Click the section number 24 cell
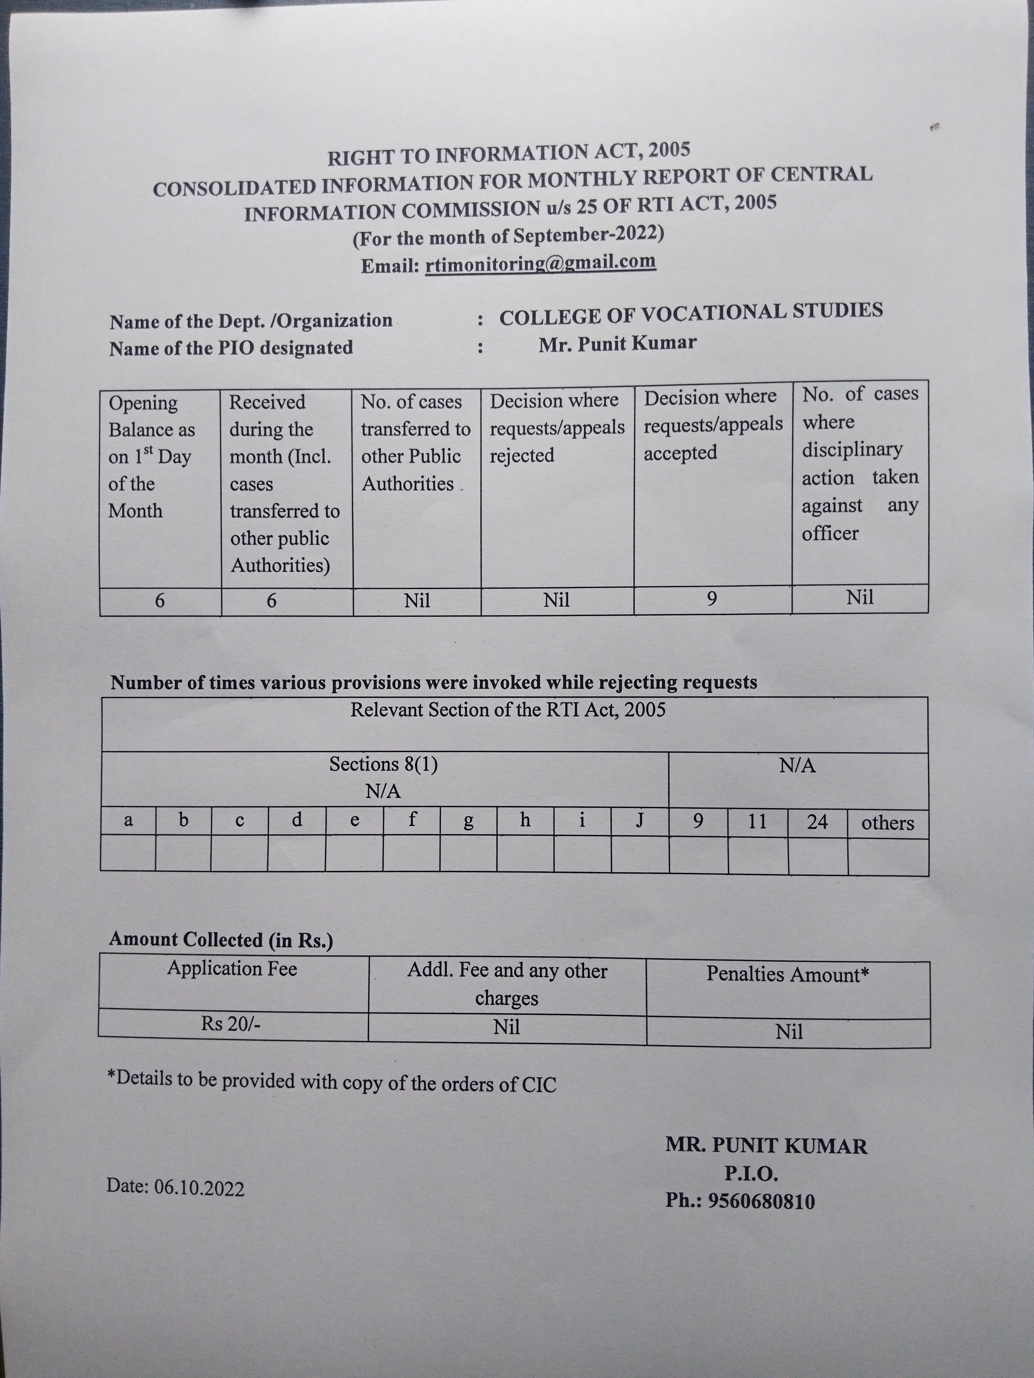(817, 822)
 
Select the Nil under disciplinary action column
(860, 598)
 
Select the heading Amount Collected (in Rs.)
(221, 939)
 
